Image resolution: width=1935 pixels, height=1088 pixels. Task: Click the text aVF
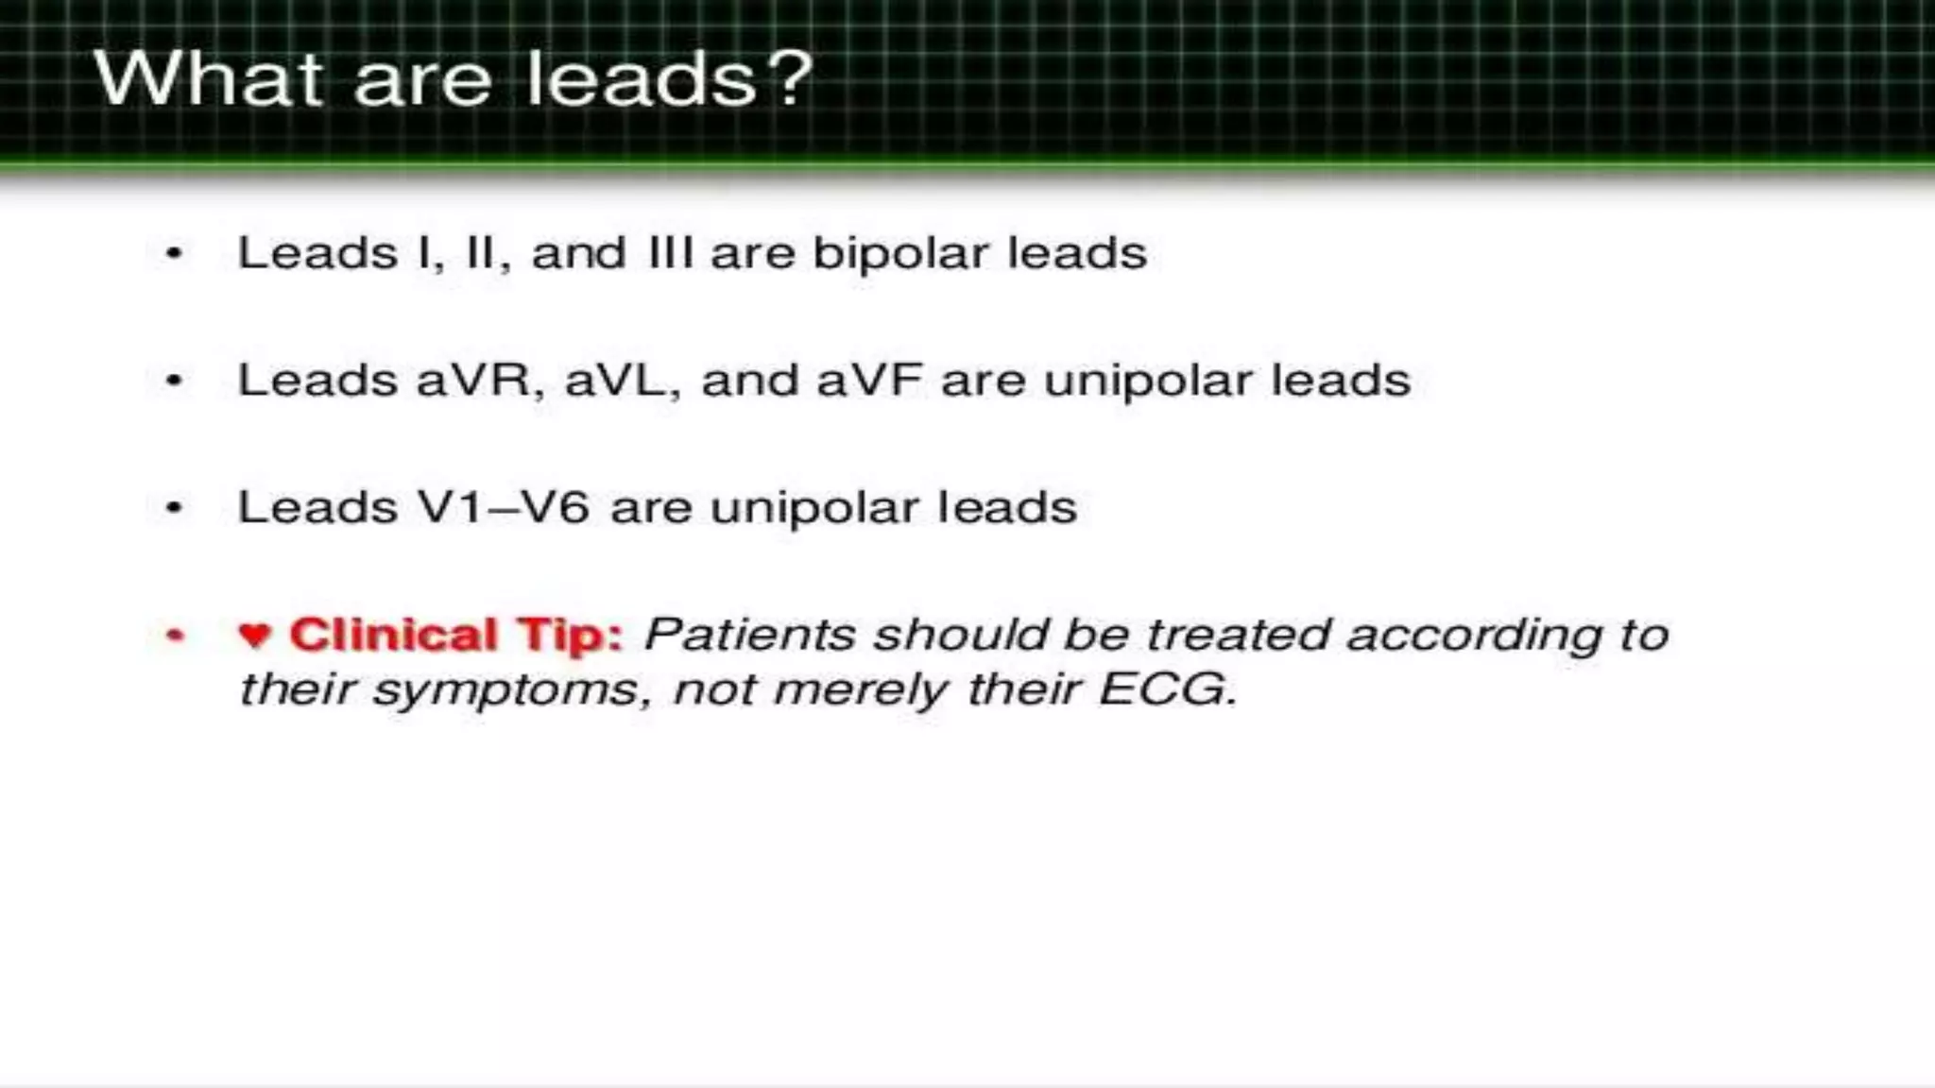click(868, 380)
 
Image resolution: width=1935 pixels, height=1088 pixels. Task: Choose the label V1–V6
click(506, 507)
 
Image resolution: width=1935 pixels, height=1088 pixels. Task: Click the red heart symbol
click(255, 635)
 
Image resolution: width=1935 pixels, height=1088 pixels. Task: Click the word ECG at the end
click(1168, 688)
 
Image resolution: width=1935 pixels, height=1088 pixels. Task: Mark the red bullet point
click(174, 636)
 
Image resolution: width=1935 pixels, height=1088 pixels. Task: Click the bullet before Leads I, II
click(174, 253)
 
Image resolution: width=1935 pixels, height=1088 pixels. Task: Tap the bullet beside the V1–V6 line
click(174, 508)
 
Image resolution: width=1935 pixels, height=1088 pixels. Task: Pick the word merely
click(859, 690)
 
